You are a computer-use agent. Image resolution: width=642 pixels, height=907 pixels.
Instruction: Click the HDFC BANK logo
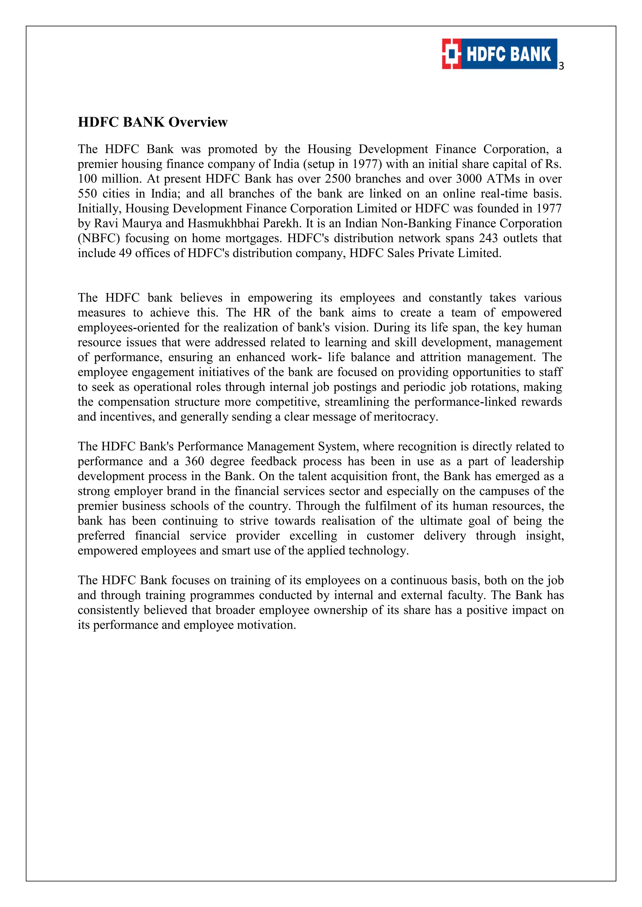[x=500, y=54]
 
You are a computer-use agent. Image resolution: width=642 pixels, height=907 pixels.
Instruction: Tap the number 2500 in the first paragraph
[x=338, y=179]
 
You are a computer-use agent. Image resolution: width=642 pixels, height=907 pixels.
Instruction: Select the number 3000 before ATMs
[x=469, y=179]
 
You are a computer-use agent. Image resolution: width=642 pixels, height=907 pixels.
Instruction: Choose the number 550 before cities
[x=87, y=194]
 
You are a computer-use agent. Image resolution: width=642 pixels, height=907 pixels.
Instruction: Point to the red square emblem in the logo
[x=451, y=54]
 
